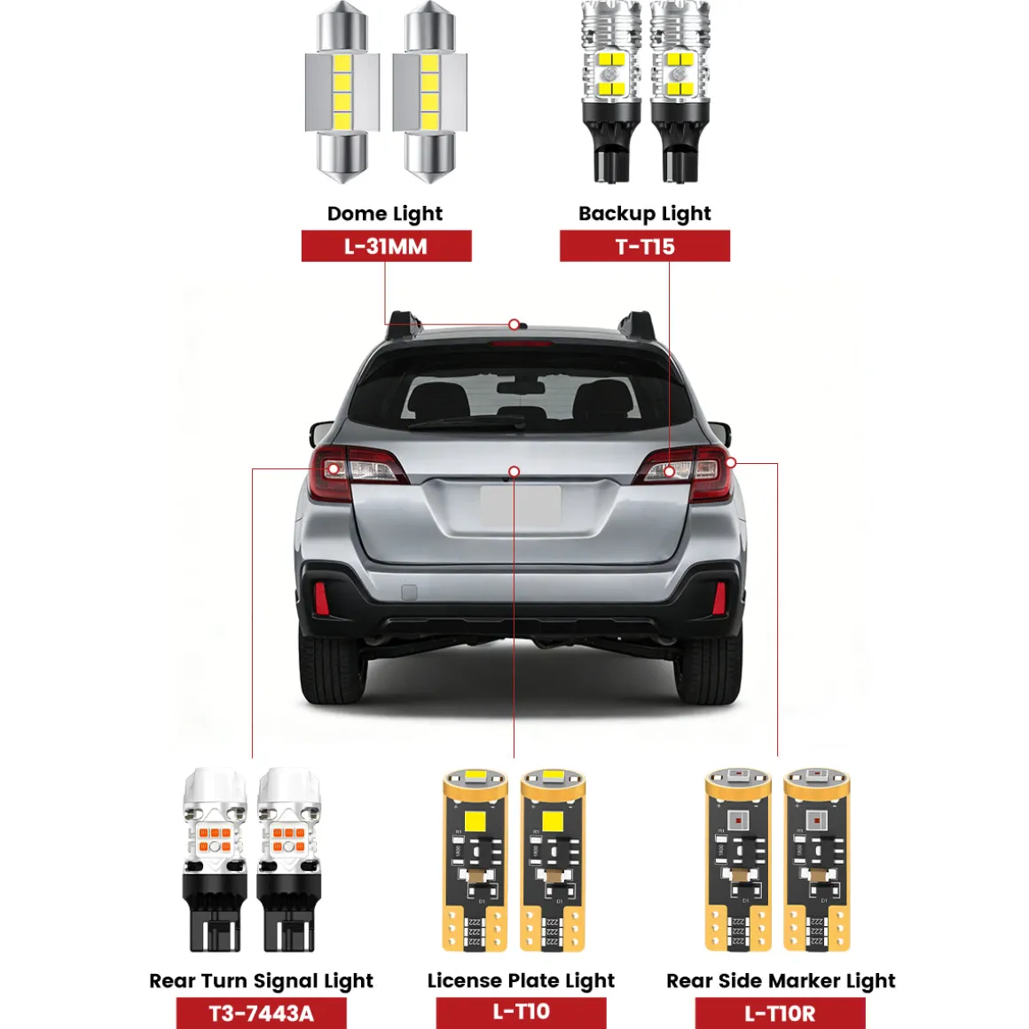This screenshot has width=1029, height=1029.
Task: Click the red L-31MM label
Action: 386,246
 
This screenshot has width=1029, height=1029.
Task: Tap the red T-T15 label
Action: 644,246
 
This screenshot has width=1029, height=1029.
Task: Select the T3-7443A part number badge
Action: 261,1013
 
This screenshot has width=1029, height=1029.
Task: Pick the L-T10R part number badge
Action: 780,1013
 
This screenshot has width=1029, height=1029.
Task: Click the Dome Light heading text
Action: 385,213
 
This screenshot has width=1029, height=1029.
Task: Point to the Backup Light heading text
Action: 644,213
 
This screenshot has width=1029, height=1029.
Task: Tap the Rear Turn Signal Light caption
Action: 261,980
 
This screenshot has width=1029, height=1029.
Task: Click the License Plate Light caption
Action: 521,980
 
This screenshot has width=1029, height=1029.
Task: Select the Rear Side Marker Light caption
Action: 781,980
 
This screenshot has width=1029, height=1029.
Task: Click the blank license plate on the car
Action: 521,506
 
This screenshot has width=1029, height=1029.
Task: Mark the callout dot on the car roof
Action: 514,324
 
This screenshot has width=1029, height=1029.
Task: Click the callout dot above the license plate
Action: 514,471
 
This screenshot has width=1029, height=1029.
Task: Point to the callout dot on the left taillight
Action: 334,468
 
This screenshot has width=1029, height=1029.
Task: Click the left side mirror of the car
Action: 321,433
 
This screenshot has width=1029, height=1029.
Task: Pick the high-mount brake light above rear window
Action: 522,343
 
